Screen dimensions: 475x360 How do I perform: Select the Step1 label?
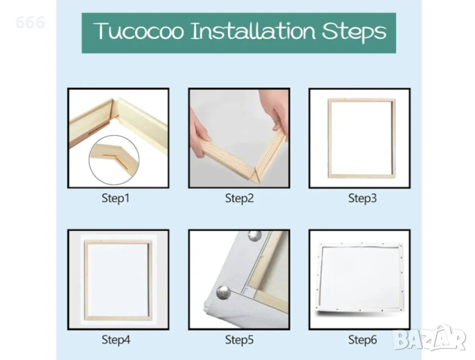click(x=116, y=198)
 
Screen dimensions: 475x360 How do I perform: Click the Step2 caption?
click(x=239, y=198)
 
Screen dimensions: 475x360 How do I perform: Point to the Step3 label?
click(x=362, y=198)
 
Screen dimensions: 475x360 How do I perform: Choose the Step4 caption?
click(x=116, y=340)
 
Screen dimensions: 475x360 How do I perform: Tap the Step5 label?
click(x=239, y=340)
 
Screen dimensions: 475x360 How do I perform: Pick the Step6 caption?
click(x=362, y=340)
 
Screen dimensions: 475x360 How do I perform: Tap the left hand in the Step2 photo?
click(x=200, y=137)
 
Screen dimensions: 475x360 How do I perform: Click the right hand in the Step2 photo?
click(x=274, y=109)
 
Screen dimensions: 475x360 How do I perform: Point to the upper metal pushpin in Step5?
click(x=255, y=235)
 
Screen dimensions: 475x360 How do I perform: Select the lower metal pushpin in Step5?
click(x=224, y=292)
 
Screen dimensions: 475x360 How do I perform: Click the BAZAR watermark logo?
click(x=429, y=337)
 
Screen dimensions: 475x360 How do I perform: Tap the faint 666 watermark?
click(x=30, y=22)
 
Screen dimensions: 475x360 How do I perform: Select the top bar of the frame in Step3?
click(x=362, y=100)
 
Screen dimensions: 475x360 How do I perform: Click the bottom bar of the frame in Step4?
click(x=118, y=318)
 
